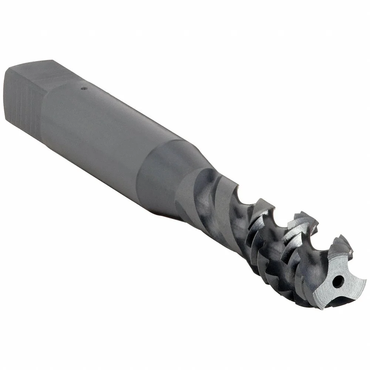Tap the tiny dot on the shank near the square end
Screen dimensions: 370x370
(84, 88)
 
